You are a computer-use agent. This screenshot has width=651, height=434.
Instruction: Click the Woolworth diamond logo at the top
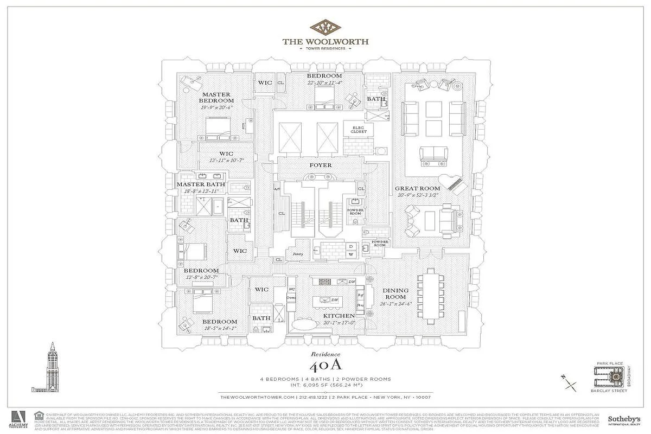point(325,27)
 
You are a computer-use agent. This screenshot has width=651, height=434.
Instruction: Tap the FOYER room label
point(321,165)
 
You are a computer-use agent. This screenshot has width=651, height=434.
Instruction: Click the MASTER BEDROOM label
point(216,98)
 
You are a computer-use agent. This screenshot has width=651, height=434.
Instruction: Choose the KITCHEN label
point(340,316)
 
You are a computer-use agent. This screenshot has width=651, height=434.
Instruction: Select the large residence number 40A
point(325,365)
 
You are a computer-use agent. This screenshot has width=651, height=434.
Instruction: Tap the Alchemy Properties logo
point(18,419)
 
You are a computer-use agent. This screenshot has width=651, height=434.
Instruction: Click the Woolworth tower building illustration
point(52,368)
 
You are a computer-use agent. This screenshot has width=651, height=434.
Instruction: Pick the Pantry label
point(297,253)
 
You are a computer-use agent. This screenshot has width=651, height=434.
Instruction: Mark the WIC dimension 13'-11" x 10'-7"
point(226,161)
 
